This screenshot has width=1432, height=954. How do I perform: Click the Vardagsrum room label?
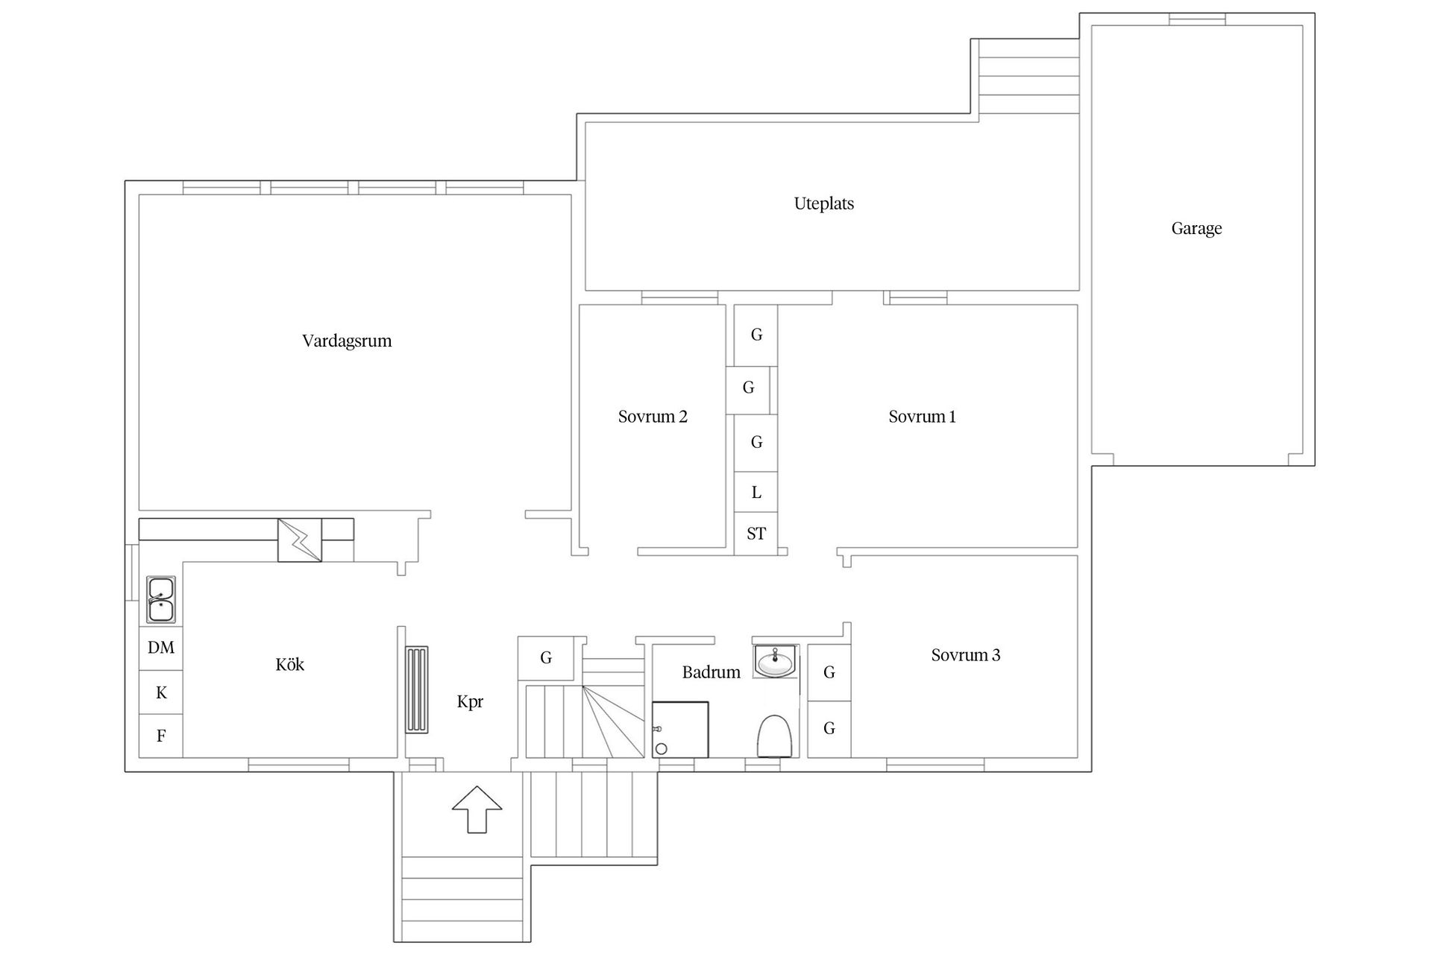pyautogui.click(x=347, y=341)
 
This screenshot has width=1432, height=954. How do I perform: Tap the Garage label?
pyautogui.click(x=1196, y=229)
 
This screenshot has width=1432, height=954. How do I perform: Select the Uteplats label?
pyautogui.click(x=823, y=203)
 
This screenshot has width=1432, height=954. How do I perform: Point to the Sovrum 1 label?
pyautogui.click(x=922, y=417)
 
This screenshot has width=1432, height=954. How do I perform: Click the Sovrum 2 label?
pyautogui.click(x=653, y=417)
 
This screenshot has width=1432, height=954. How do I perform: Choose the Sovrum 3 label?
pyautogui.click(x=965, y=655)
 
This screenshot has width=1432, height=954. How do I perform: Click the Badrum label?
pyautogui.click(x=711, y=672)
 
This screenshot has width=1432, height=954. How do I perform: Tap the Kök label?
pyautogui.click(x=289, y=665)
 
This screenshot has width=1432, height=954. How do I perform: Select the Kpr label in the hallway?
pyautogui.click(x=470, y=701)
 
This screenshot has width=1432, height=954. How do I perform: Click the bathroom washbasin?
pyautogui.click(x=776, y=661)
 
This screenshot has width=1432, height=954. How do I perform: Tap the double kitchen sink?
pyautogui.click(x=161, y=599)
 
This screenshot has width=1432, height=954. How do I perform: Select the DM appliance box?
pyautogui.click(x=161, y=648)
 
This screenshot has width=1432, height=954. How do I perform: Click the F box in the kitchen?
pyautogui.click(x=161, y=736)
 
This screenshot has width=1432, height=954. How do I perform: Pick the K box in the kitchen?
pyautogui.click(x=161, y=693)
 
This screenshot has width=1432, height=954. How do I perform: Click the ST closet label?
pyautogui.click(x=756, y=534)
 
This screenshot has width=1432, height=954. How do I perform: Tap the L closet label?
pyautogui.click(x=756, y=493)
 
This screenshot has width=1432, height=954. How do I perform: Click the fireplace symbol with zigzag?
pyautogui.click(x=300, y=540)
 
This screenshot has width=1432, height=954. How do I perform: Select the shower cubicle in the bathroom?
pyautogui.click(x=680, y=730)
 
